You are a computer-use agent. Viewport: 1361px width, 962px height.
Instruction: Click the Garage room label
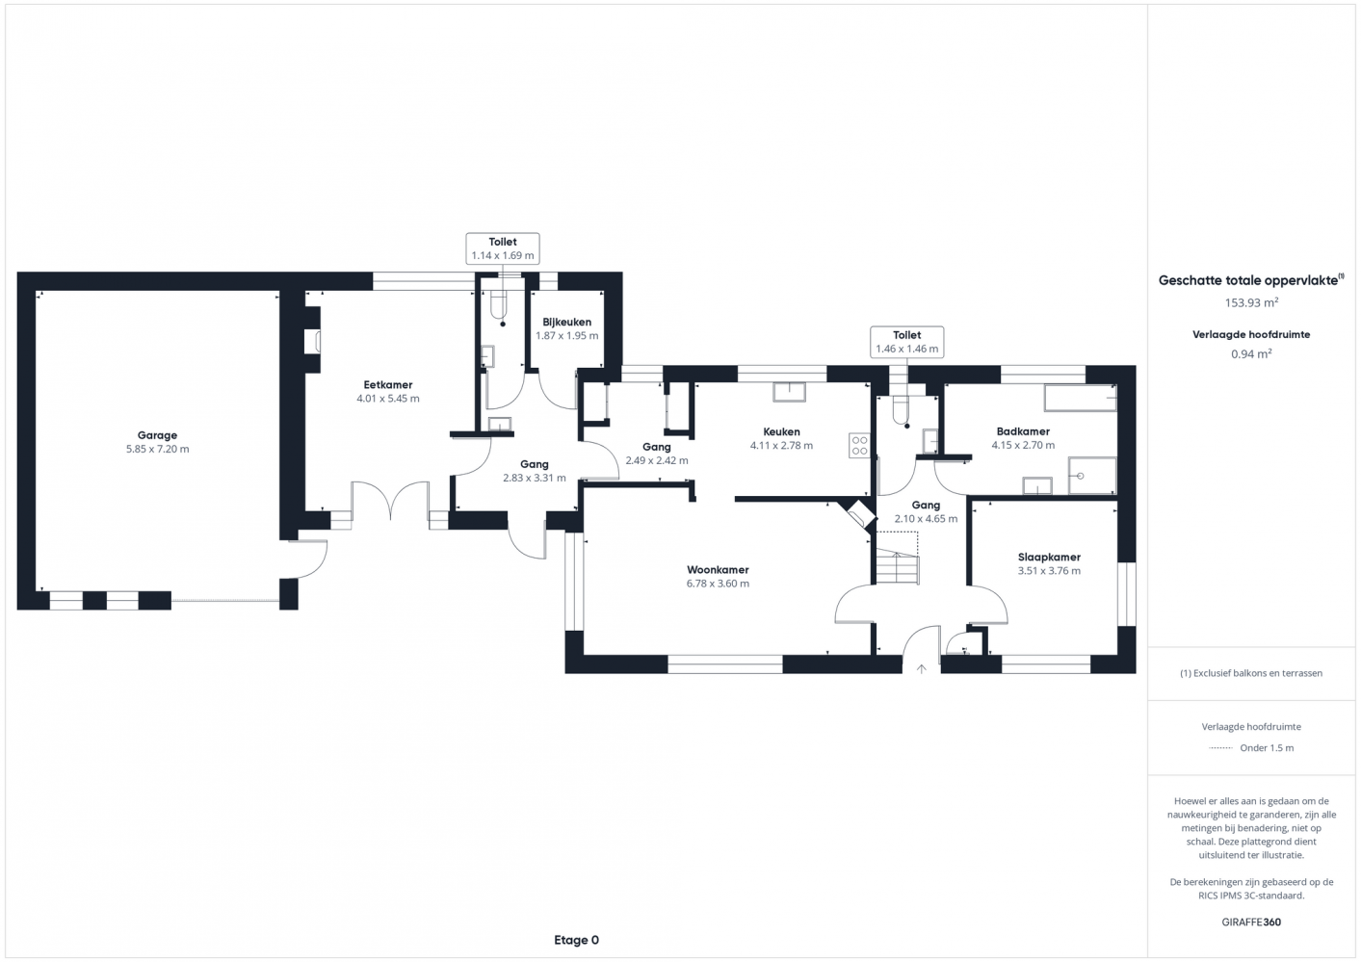click(x=157, y=435)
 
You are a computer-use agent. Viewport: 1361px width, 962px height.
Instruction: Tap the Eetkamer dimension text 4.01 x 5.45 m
click(x=387, y=399)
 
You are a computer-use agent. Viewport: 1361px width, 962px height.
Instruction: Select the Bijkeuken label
click(x=567, y=322)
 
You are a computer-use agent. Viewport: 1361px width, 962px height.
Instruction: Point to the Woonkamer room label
click(x=718, y=570)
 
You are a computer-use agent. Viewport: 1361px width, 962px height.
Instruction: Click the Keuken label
click(x=781, y=431)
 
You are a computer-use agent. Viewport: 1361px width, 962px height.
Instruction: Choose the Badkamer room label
click(x=1023, y=431)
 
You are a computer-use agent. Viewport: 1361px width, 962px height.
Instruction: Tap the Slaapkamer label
click(x=1049, y=557)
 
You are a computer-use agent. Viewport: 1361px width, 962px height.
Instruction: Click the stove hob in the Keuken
click(x=859, y=445)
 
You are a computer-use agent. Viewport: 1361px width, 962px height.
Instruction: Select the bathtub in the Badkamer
click(x=1081, y=398)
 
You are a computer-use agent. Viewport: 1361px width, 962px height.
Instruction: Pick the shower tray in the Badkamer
click(x=1092, y=476)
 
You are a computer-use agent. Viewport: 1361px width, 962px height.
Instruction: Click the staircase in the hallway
click(x=897, y=565)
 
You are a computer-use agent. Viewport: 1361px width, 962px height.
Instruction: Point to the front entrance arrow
click(x=921, y=668)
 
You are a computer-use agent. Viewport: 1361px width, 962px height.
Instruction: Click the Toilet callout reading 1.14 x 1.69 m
click(x=503, y=248)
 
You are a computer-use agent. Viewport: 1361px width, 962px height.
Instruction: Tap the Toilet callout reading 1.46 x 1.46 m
click(x=906, y=342)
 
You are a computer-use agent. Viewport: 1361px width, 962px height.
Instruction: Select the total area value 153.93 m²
click(x=1251, y=302)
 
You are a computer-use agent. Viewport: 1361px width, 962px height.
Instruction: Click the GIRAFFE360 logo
click(x=1251, y=922)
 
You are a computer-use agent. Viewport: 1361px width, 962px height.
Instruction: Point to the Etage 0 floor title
click(x=576, y=940)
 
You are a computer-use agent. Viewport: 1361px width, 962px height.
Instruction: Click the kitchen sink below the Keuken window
click(x=789, y=392)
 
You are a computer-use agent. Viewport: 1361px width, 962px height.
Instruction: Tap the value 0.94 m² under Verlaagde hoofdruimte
click(x=1251, y=354)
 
